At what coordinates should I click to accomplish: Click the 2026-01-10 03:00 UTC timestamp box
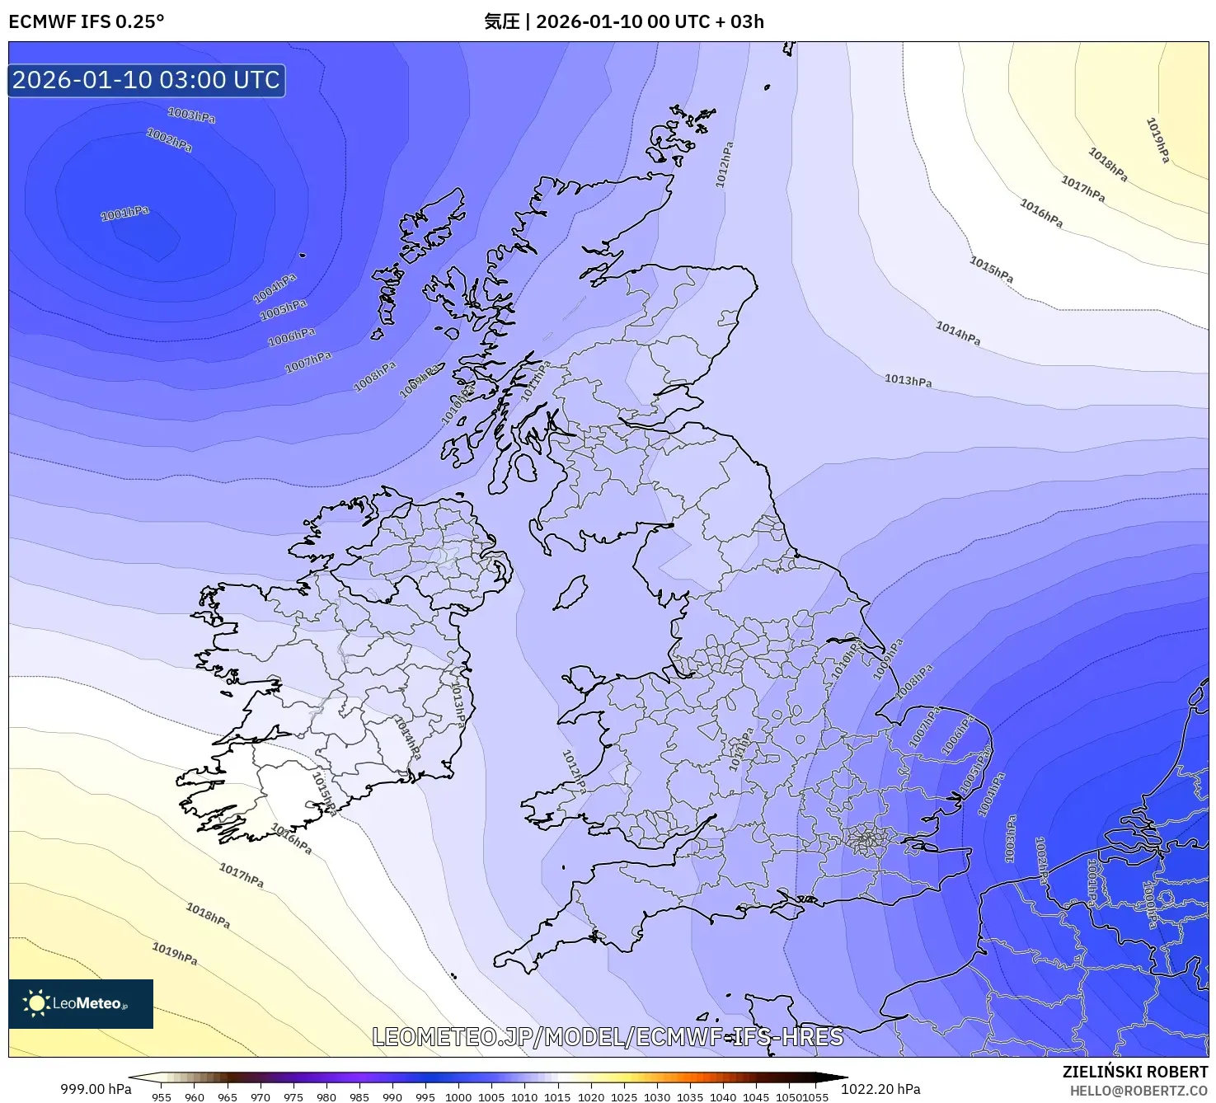pos(147,81)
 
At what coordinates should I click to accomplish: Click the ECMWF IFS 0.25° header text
pos(87,21)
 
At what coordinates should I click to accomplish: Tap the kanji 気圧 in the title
pos(501,21)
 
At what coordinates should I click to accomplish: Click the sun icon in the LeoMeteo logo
pos(36,1003)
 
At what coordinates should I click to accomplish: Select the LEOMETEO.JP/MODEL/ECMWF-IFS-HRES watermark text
pos(608,1037)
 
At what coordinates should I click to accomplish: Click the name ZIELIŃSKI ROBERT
pos(1135,1072)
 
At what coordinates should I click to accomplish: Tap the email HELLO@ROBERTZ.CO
pos(1139,1091)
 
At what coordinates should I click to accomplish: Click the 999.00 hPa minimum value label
pos(96,1089)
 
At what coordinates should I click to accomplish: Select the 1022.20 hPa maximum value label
pos(880,1089)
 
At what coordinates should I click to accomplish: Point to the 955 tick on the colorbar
pos(162,1096)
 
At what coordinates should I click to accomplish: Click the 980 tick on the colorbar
pos(326,1096)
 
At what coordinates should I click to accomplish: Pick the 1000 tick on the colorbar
pos(458,1096)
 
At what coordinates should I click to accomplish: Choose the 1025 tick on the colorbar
pos(624,1096)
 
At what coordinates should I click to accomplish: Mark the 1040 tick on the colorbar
pos(723,1096)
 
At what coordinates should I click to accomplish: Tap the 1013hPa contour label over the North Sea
pos(908,380)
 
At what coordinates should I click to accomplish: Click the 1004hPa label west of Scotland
pos(275,289)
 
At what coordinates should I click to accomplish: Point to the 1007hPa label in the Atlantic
pos(308,362)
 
